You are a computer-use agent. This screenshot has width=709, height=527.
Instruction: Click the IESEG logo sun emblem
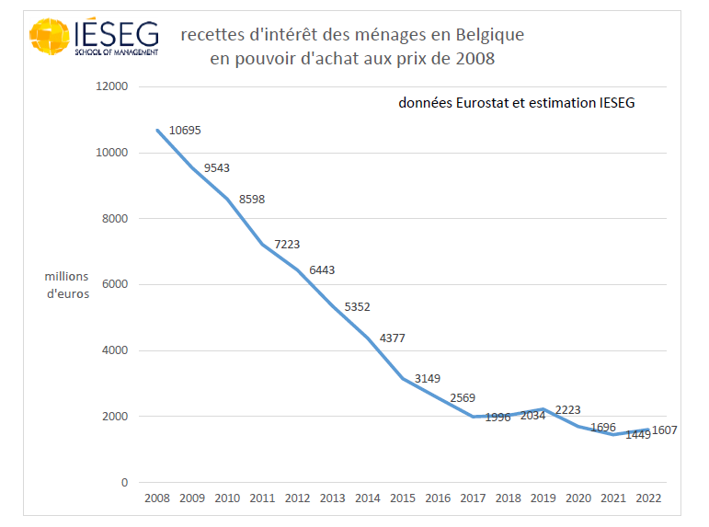(x=51, y=37)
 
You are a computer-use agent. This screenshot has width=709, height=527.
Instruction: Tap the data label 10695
(x=185, y=131)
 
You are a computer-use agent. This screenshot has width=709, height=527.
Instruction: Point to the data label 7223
(x=287, y=245)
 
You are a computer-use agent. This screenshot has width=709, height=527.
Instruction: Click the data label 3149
(x=429, y=378)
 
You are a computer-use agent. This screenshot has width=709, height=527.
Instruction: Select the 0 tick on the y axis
(x=124, y=483)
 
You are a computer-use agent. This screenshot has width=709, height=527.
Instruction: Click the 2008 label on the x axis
(x=157, y=498)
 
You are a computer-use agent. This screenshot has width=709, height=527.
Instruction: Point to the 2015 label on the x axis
(x=403, y=498)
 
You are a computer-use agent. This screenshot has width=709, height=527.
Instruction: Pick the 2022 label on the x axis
(x=648, y=498)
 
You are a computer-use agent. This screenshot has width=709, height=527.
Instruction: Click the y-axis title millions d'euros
(x=67, y=284)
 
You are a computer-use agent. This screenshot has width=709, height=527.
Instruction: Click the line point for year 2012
(x=298, y=270)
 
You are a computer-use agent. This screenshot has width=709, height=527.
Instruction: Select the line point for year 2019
(x=543, y=409)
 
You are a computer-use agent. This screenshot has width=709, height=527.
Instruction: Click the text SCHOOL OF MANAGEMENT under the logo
(x=117, y=53)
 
